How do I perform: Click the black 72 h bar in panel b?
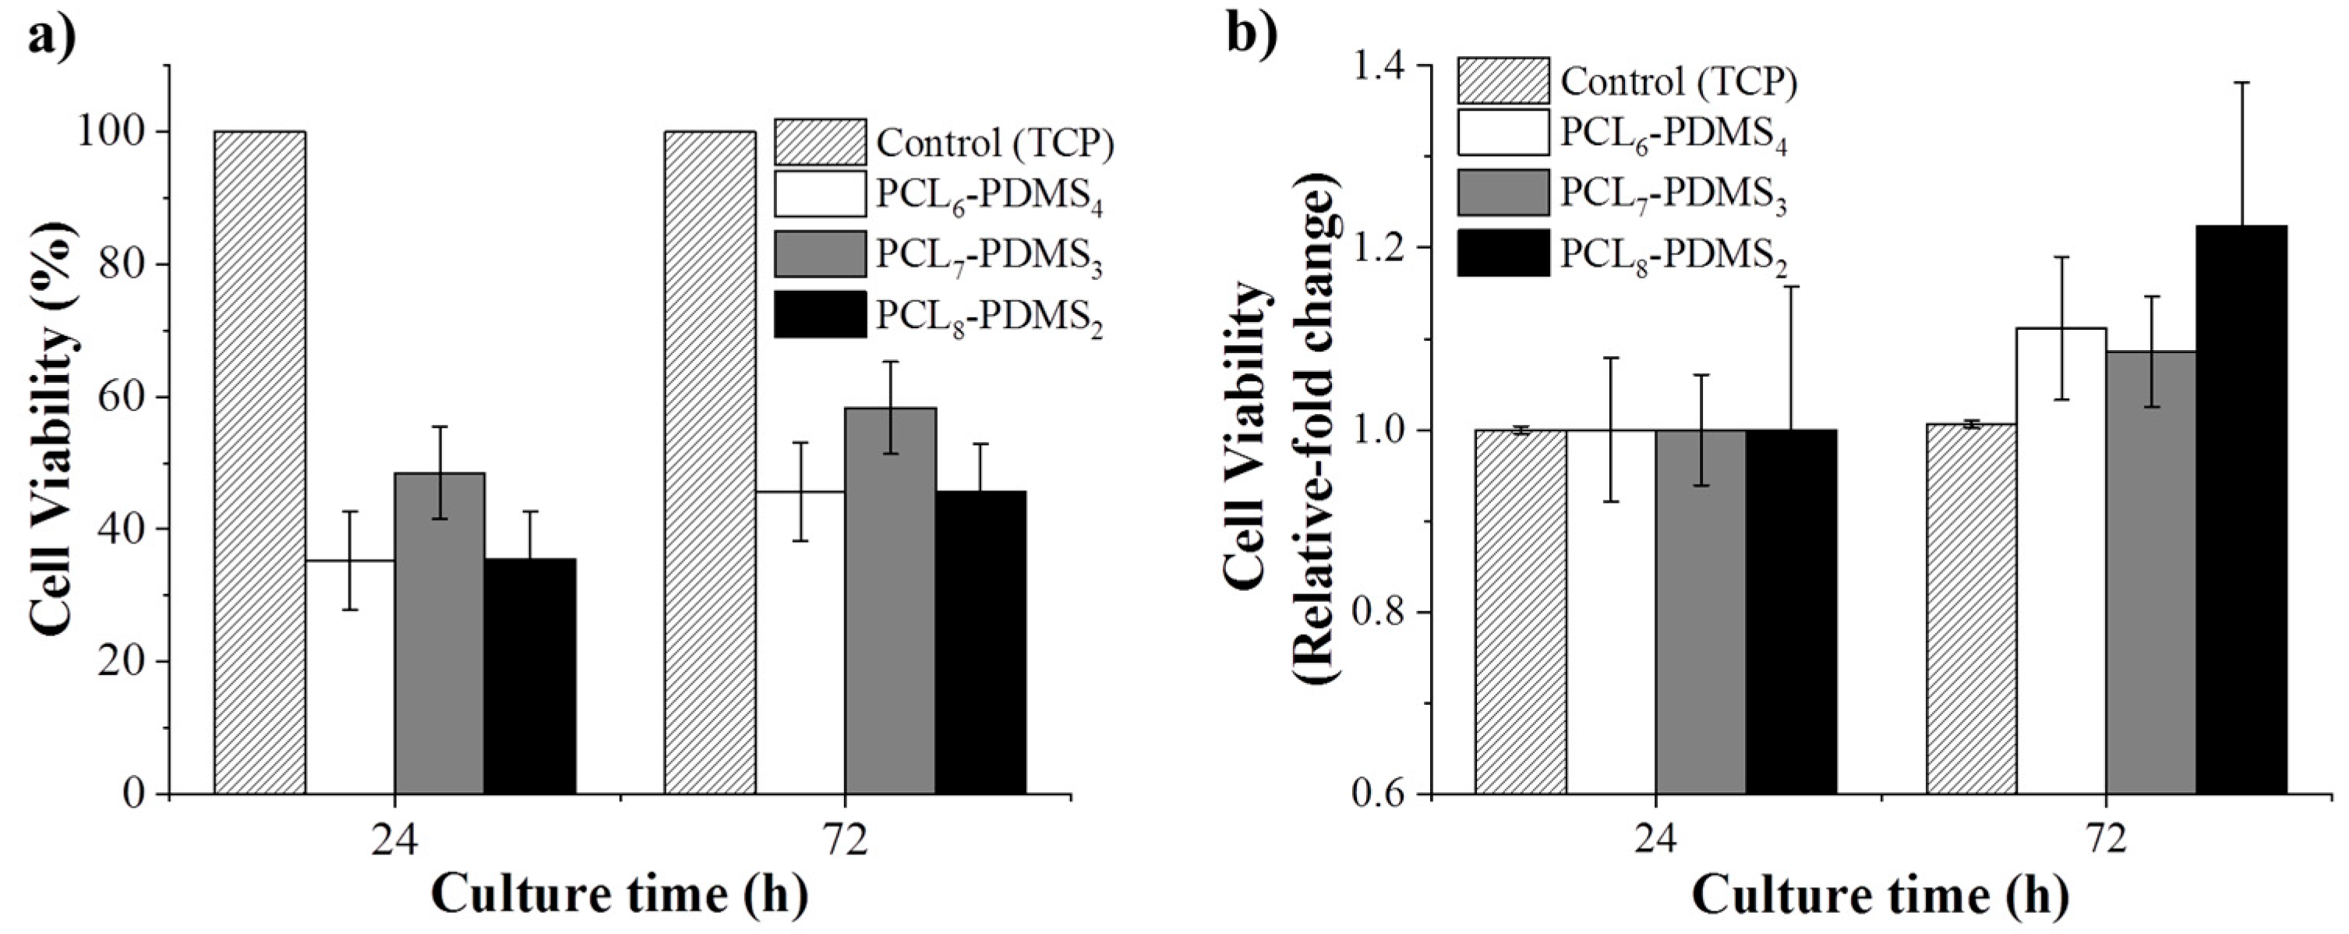2241,511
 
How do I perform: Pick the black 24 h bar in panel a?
530,676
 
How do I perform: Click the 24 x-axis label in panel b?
1655,841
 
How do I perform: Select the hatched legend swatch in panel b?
1503,81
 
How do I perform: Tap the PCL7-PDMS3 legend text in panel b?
1673,196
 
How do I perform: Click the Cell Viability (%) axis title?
53,429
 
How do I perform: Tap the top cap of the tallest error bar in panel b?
2241,83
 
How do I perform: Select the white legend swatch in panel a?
820,194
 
